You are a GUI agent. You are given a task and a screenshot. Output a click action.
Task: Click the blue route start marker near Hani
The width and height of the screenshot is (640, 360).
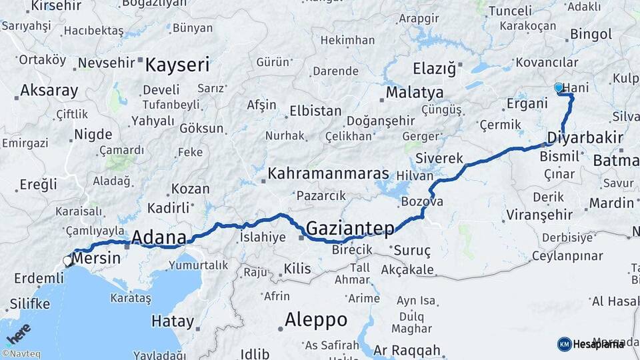pos(559,87)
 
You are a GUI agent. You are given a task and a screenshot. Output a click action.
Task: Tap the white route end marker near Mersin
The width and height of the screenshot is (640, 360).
pos(67,261)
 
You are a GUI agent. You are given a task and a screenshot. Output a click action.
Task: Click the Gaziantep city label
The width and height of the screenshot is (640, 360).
pos(350,229)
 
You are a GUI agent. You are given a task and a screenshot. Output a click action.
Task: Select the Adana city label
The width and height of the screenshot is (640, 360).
pos(159,237)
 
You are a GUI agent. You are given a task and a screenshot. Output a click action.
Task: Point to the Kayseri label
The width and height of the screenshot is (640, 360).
pos(177,65)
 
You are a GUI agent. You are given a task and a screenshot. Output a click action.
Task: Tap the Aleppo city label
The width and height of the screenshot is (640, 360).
pos(315,320)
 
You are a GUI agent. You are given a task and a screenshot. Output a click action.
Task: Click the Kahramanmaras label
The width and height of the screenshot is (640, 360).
pos(328,174)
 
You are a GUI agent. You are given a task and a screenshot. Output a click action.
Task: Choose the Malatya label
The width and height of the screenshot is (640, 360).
pos(415,92)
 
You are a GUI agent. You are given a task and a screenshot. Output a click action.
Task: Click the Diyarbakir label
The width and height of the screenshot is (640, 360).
pos(585,139)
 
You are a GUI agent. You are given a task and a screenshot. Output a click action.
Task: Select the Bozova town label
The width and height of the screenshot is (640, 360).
pos(421,201)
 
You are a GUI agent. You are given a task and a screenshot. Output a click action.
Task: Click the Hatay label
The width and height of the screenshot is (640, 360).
pos(173,321)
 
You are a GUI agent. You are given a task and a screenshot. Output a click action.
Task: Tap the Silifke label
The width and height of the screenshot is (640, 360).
pos(29,304)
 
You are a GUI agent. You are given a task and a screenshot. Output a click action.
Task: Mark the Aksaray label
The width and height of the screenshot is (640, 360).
pos(49,90)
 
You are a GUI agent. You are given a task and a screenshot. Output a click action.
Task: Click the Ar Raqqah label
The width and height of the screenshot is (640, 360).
pos(407,350)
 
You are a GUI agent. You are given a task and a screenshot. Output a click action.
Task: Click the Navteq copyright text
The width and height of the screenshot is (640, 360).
pos(21,354)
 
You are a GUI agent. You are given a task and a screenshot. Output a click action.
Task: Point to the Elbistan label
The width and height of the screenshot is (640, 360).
pos(316,111)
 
